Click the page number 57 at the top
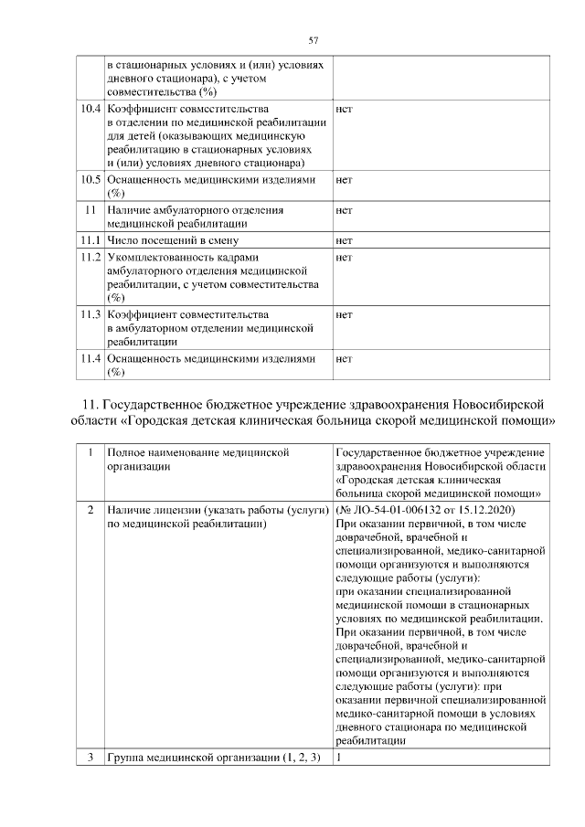coord(313,40)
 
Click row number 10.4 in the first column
coord(89,110)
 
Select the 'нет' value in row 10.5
coord(345,180)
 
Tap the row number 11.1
coord(89,241)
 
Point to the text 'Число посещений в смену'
coord(171,241)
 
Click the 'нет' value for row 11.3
coord(345,315)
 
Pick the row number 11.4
coord(89,359)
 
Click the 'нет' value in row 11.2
coord(345,258)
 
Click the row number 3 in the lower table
coord(90,758)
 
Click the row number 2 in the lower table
coord(90,508)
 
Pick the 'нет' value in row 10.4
coord(345,110)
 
